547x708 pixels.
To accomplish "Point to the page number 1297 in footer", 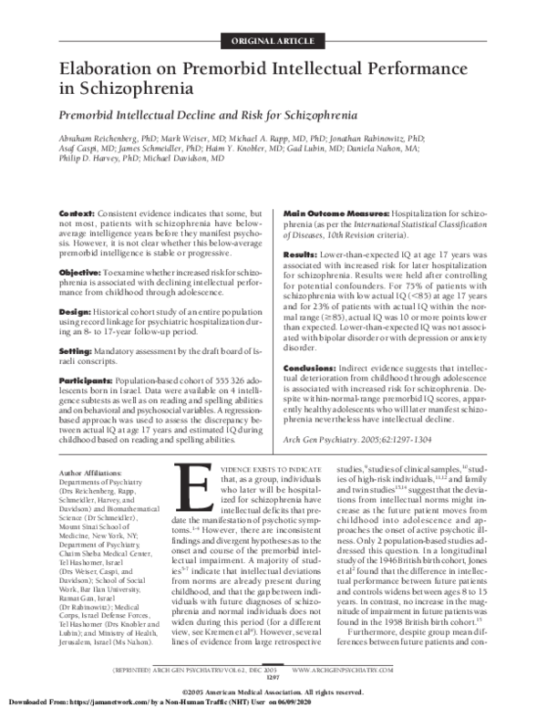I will click(x=274, y=677).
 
